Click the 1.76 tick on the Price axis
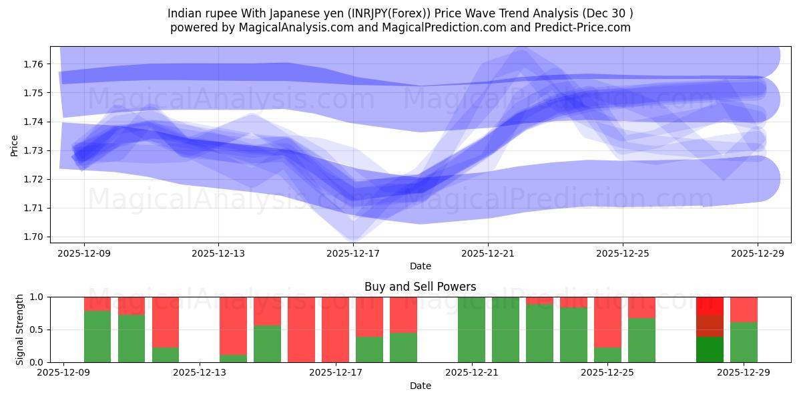(x=34, y=64)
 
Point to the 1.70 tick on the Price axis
(x=34, y=237)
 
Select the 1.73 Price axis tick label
(x=34, y=150)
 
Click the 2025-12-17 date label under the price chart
(x=353, y=253)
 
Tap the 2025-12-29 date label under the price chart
(x=758, y=253)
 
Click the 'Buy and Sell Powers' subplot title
(x=420, y=287)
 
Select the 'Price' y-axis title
(x=15, y=146)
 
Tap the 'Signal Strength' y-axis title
(x=20, y=329)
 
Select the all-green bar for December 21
(x=471, y=329)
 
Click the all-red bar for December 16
(x=301, y=329)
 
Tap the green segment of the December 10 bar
(x=131, y=338)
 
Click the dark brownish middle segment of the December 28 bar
(x=710, y=325)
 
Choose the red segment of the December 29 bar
(x=744, y=309)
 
